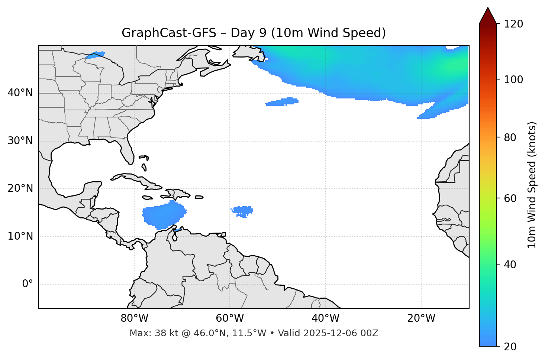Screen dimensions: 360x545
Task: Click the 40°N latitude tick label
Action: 20,93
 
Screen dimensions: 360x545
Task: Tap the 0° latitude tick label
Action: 27,284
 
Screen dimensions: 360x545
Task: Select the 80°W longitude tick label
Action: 134,318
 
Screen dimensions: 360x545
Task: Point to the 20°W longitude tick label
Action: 421,318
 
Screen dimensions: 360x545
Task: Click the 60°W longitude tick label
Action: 230,318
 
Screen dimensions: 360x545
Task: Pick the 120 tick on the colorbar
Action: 513,24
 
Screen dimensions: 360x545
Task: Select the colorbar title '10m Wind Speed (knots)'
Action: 532,185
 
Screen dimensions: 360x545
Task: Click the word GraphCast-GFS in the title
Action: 169,33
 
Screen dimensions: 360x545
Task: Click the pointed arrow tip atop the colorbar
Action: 488,9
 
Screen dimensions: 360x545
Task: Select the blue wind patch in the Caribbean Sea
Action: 164,215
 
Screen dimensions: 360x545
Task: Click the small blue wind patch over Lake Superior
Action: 95,55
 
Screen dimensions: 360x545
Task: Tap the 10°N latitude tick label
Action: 20,236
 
